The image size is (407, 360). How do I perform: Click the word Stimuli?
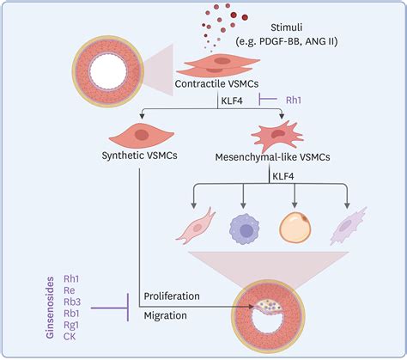(287, 27)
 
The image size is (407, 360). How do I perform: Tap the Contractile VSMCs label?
(216, 84)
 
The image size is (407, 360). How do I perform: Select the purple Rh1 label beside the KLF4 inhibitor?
(294, 100)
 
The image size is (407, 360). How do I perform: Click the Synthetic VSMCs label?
(139, 156)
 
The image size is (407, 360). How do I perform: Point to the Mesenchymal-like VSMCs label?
(272, 157)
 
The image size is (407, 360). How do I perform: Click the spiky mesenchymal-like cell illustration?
(276, 136)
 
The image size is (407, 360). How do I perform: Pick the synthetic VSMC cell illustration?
(142, 134)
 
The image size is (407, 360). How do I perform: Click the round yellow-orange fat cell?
(295, 229)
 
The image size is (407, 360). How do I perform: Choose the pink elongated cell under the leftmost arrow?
(196, 226)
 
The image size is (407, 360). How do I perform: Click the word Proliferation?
(172, 296)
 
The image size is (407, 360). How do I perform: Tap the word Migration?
(165, 315)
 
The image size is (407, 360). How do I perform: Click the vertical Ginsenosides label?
(50, 308)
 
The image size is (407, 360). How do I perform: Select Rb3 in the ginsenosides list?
(72, 302)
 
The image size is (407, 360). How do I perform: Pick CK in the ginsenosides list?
(70, 336)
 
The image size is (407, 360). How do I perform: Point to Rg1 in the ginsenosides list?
(71, 325)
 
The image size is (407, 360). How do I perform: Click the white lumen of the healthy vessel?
(108, 71)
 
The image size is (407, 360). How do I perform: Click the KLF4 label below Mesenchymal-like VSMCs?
(283, 176)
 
